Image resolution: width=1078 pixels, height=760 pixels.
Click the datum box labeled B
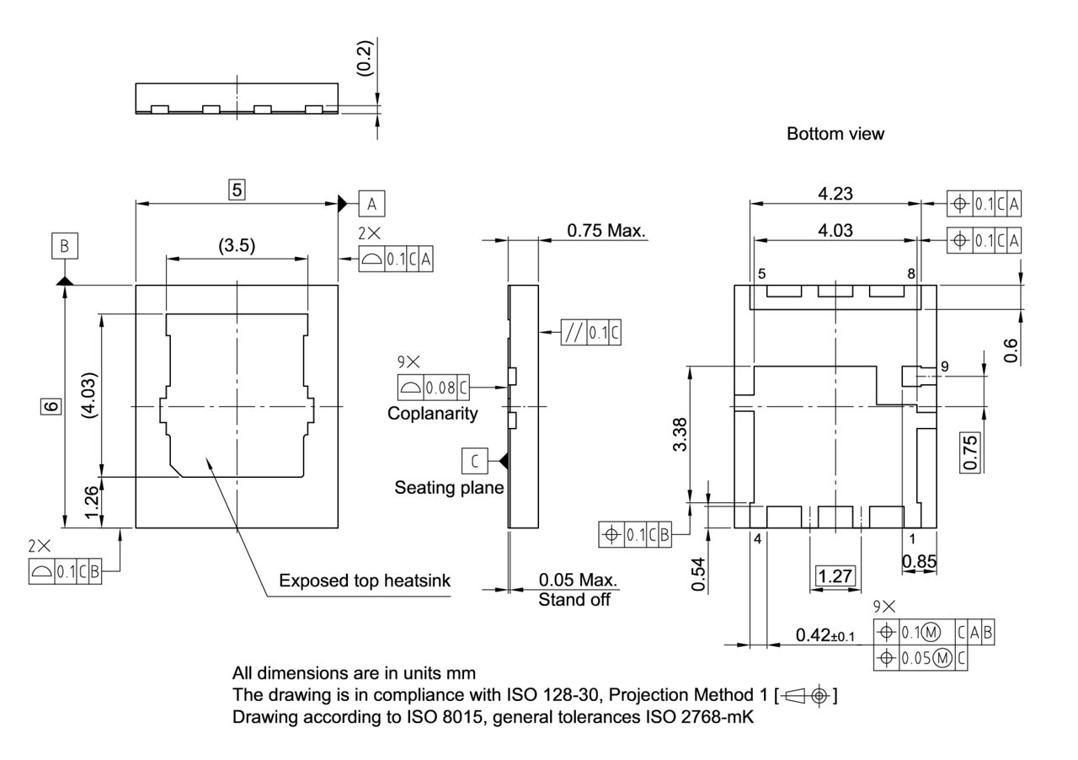click(x=64, y=246)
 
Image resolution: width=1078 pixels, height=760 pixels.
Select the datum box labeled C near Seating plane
click(x=475, y=461)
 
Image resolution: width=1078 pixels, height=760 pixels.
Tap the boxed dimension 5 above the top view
click(x=237, y=190)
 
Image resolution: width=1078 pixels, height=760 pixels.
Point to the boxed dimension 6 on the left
click(x=52, y=406)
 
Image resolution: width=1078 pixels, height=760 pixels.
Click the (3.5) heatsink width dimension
click(x=237, y=246)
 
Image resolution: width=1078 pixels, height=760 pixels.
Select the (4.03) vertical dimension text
click(x=94, y=395)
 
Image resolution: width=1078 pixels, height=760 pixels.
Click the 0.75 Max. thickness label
click(x=606, y=230)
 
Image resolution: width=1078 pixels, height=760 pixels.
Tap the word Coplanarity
click(x=432, y=414)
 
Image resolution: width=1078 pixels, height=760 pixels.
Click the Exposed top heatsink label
click(x=365, y=581)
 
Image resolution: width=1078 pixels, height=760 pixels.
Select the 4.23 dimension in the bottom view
click(x=835, y=193)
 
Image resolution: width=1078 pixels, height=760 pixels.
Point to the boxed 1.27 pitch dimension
click(x=835, y=576)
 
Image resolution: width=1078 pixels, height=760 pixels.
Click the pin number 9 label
click(x=945, y=367)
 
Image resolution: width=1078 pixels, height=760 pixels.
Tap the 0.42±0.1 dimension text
click(x=825, y=635)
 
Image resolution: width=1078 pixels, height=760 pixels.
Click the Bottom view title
click(x=835, y=134)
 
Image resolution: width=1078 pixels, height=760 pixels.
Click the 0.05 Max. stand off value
click(x=577, y=581)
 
